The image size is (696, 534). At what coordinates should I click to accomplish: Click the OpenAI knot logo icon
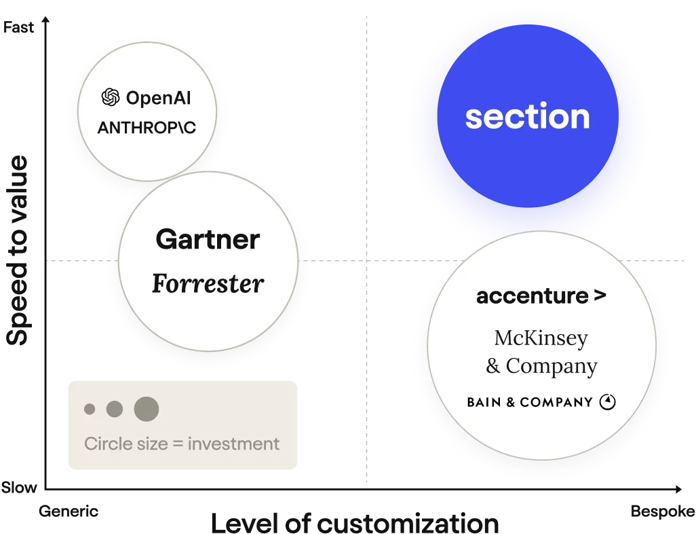tap(111, 97)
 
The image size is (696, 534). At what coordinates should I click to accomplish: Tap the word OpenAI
tap(159, 98)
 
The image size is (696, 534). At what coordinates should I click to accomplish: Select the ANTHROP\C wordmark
tap(147, 128)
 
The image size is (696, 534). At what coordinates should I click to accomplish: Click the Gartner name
tap(208, 239)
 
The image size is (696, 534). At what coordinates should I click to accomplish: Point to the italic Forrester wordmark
tap(208, 283)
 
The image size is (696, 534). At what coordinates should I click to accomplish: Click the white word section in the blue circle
tap(527, 116)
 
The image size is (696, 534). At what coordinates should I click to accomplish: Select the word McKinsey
tap(541, 338)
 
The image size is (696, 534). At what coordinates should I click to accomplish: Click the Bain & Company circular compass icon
tap(608, 402)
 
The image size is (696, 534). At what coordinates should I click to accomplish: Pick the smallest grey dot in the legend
tap(90, 409)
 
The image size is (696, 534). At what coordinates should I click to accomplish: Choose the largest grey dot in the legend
tap(147, 409)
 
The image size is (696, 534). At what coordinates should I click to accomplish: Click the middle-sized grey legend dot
tap(115, 409)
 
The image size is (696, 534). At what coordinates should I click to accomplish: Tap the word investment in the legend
tap(233, 444)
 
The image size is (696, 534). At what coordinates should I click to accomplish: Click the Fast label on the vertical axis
tap(18, 27)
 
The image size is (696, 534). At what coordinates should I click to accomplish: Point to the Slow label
tap(18, 487)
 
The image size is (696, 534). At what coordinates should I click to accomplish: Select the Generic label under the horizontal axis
tap(69, 512)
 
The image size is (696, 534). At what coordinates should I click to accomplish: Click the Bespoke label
tap(663, 512)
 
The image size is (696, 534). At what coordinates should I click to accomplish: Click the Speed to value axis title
tap(17, 250)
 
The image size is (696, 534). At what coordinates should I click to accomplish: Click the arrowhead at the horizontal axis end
tap(678, 489)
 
